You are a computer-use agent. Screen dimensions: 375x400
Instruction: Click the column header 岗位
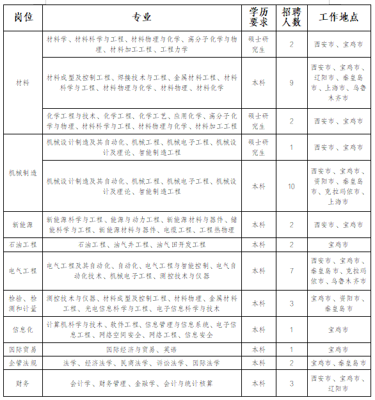22,17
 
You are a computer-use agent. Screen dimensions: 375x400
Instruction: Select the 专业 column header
141,17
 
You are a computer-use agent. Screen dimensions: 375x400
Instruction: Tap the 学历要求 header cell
259,17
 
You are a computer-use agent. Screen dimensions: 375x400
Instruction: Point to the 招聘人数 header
291,17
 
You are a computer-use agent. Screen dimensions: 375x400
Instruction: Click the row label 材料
22,83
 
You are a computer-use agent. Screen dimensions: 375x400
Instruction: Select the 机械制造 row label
22,173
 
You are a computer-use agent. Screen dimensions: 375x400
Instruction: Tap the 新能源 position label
22,225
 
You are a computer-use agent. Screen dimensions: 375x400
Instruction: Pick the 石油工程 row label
22,244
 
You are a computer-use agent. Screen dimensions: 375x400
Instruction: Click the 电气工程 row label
22,271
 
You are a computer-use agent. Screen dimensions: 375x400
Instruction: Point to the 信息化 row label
22,330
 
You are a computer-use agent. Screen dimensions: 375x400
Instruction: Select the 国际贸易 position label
22,349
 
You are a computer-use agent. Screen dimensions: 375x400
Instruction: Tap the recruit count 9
291,83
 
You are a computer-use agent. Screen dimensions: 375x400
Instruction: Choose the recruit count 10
291,186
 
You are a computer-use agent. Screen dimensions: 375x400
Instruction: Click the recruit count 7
291,271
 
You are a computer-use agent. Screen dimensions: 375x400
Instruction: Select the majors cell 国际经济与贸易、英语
141,349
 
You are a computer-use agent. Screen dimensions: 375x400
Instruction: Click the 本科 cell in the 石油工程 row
259,244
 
